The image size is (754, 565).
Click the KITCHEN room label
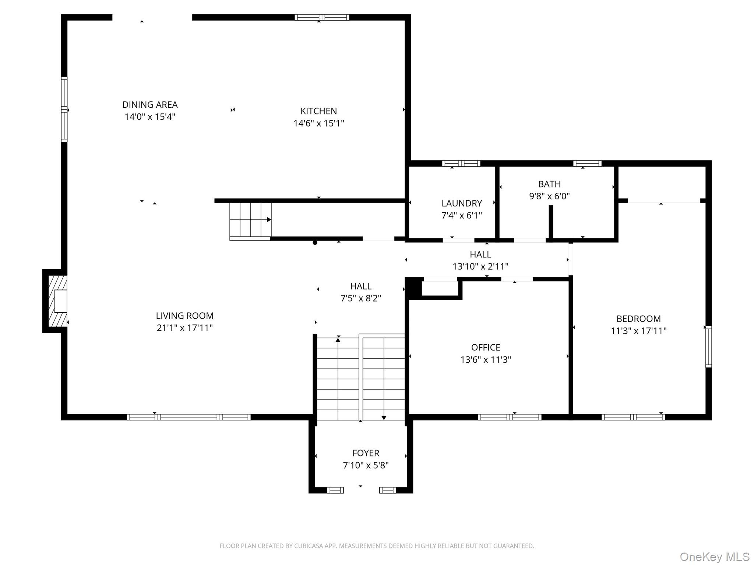tap(318, 111)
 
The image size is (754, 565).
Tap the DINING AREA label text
tap(150, 104)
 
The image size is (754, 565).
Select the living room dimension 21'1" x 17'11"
tap(184, 328)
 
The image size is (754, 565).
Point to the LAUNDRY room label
tap(461, 203)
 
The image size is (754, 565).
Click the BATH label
tap(549, 184)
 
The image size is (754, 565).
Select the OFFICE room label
tap(485, 347)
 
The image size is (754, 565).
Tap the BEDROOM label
tap(638, 319)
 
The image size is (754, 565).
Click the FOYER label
tap(366, 453)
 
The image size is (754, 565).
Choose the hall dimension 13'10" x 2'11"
tap(480, 266)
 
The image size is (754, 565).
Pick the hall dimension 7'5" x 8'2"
tap(360, 298)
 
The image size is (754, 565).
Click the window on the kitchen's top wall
tap(322, 17)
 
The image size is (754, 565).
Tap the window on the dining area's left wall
tap(64, 110)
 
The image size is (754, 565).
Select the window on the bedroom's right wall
tap(708, 347)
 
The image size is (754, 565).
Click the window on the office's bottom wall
tap(510, 417)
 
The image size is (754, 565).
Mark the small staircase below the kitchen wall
tap(250, 220)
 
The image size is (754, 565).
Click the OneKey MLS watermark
tap(714, 557)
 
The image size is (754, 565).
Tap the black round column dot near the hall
tap(315, 242)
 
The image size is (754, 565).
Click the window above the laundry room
tap(461, 163)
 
